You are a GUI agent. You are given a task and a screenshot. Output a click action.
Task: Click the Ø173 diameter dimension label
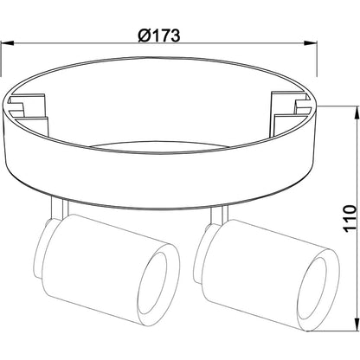pyautogui.click(x=159, y=35)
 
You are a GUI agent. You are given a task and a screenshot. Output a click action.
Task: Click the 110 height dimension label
pyautogui.click(x=350, y=218)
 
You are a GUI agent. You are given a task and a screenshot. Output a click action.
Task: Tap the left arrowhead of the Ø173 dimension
pyautogui.click(x=7, y=43)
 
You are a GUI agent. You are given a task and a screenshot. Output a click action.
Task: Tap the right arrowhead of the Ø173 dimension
pyautogui.click(x=311, y=43)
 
